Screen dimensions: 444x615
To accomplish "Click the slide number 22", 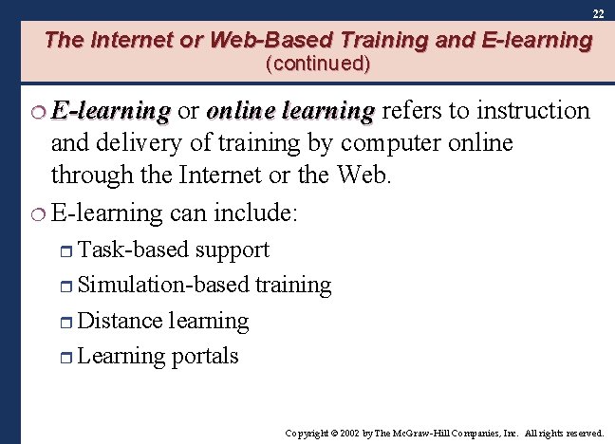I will [x=597, y=14].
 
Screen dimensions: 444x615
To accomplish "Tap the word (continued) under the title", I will [x=318, y=65].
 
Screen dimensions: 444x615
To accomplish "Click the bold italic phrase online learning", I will [x=290, y=111].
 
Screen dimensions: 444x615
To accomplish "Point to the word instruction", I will [x=533, y=111].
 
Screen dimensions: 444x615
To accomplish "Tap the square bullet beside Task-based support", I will [x=66, y=250].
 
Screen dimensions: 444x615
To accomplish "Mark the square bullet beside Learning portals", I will [x=66, y=358].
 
